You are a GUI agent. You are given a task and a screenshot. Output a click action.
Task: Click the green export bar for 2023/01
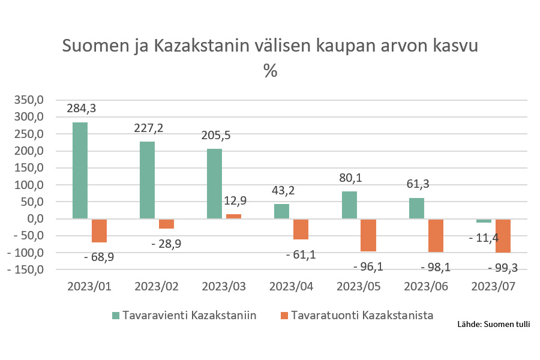(80, 170)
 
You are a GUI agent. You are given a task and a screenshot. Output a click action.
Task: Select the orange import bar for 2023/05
(368, 235)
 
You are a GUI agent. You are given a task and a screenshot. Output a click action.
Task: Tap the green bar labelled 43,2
(281, 211)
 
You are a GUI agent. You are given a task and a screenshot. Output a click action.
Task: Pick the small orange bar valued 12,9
(233, 217)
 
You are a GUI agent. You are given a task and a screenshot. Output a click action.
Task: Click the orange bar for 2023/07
(503, 236)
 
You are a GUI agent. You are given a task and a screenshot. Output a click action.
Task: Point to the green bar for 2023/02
(147, 180)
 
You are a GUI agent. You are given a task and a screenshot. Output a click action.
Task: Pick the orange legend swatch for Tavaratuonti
(284, 316)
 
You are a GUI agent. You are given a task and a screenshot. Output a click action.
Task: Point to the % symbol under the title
(270, 71)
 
